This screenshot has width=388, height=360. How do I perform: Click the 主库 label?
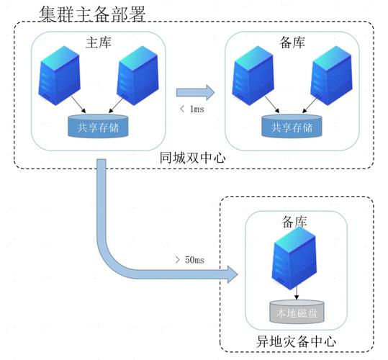click(97, 42)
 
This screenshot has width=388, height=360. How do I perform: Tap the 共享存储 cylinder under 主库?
click(98, 126)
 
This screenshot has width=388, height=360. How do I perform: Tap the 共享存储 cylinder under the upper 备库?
click(292, 127)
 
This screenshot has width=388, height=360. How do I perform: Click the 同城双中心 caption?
click(192, 156)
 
